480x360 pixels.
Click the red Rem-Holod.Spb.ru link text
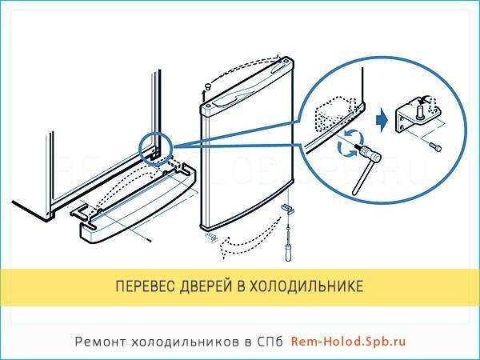(348, 341)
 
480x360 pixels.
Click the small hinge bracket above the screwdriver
(286, 207)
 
